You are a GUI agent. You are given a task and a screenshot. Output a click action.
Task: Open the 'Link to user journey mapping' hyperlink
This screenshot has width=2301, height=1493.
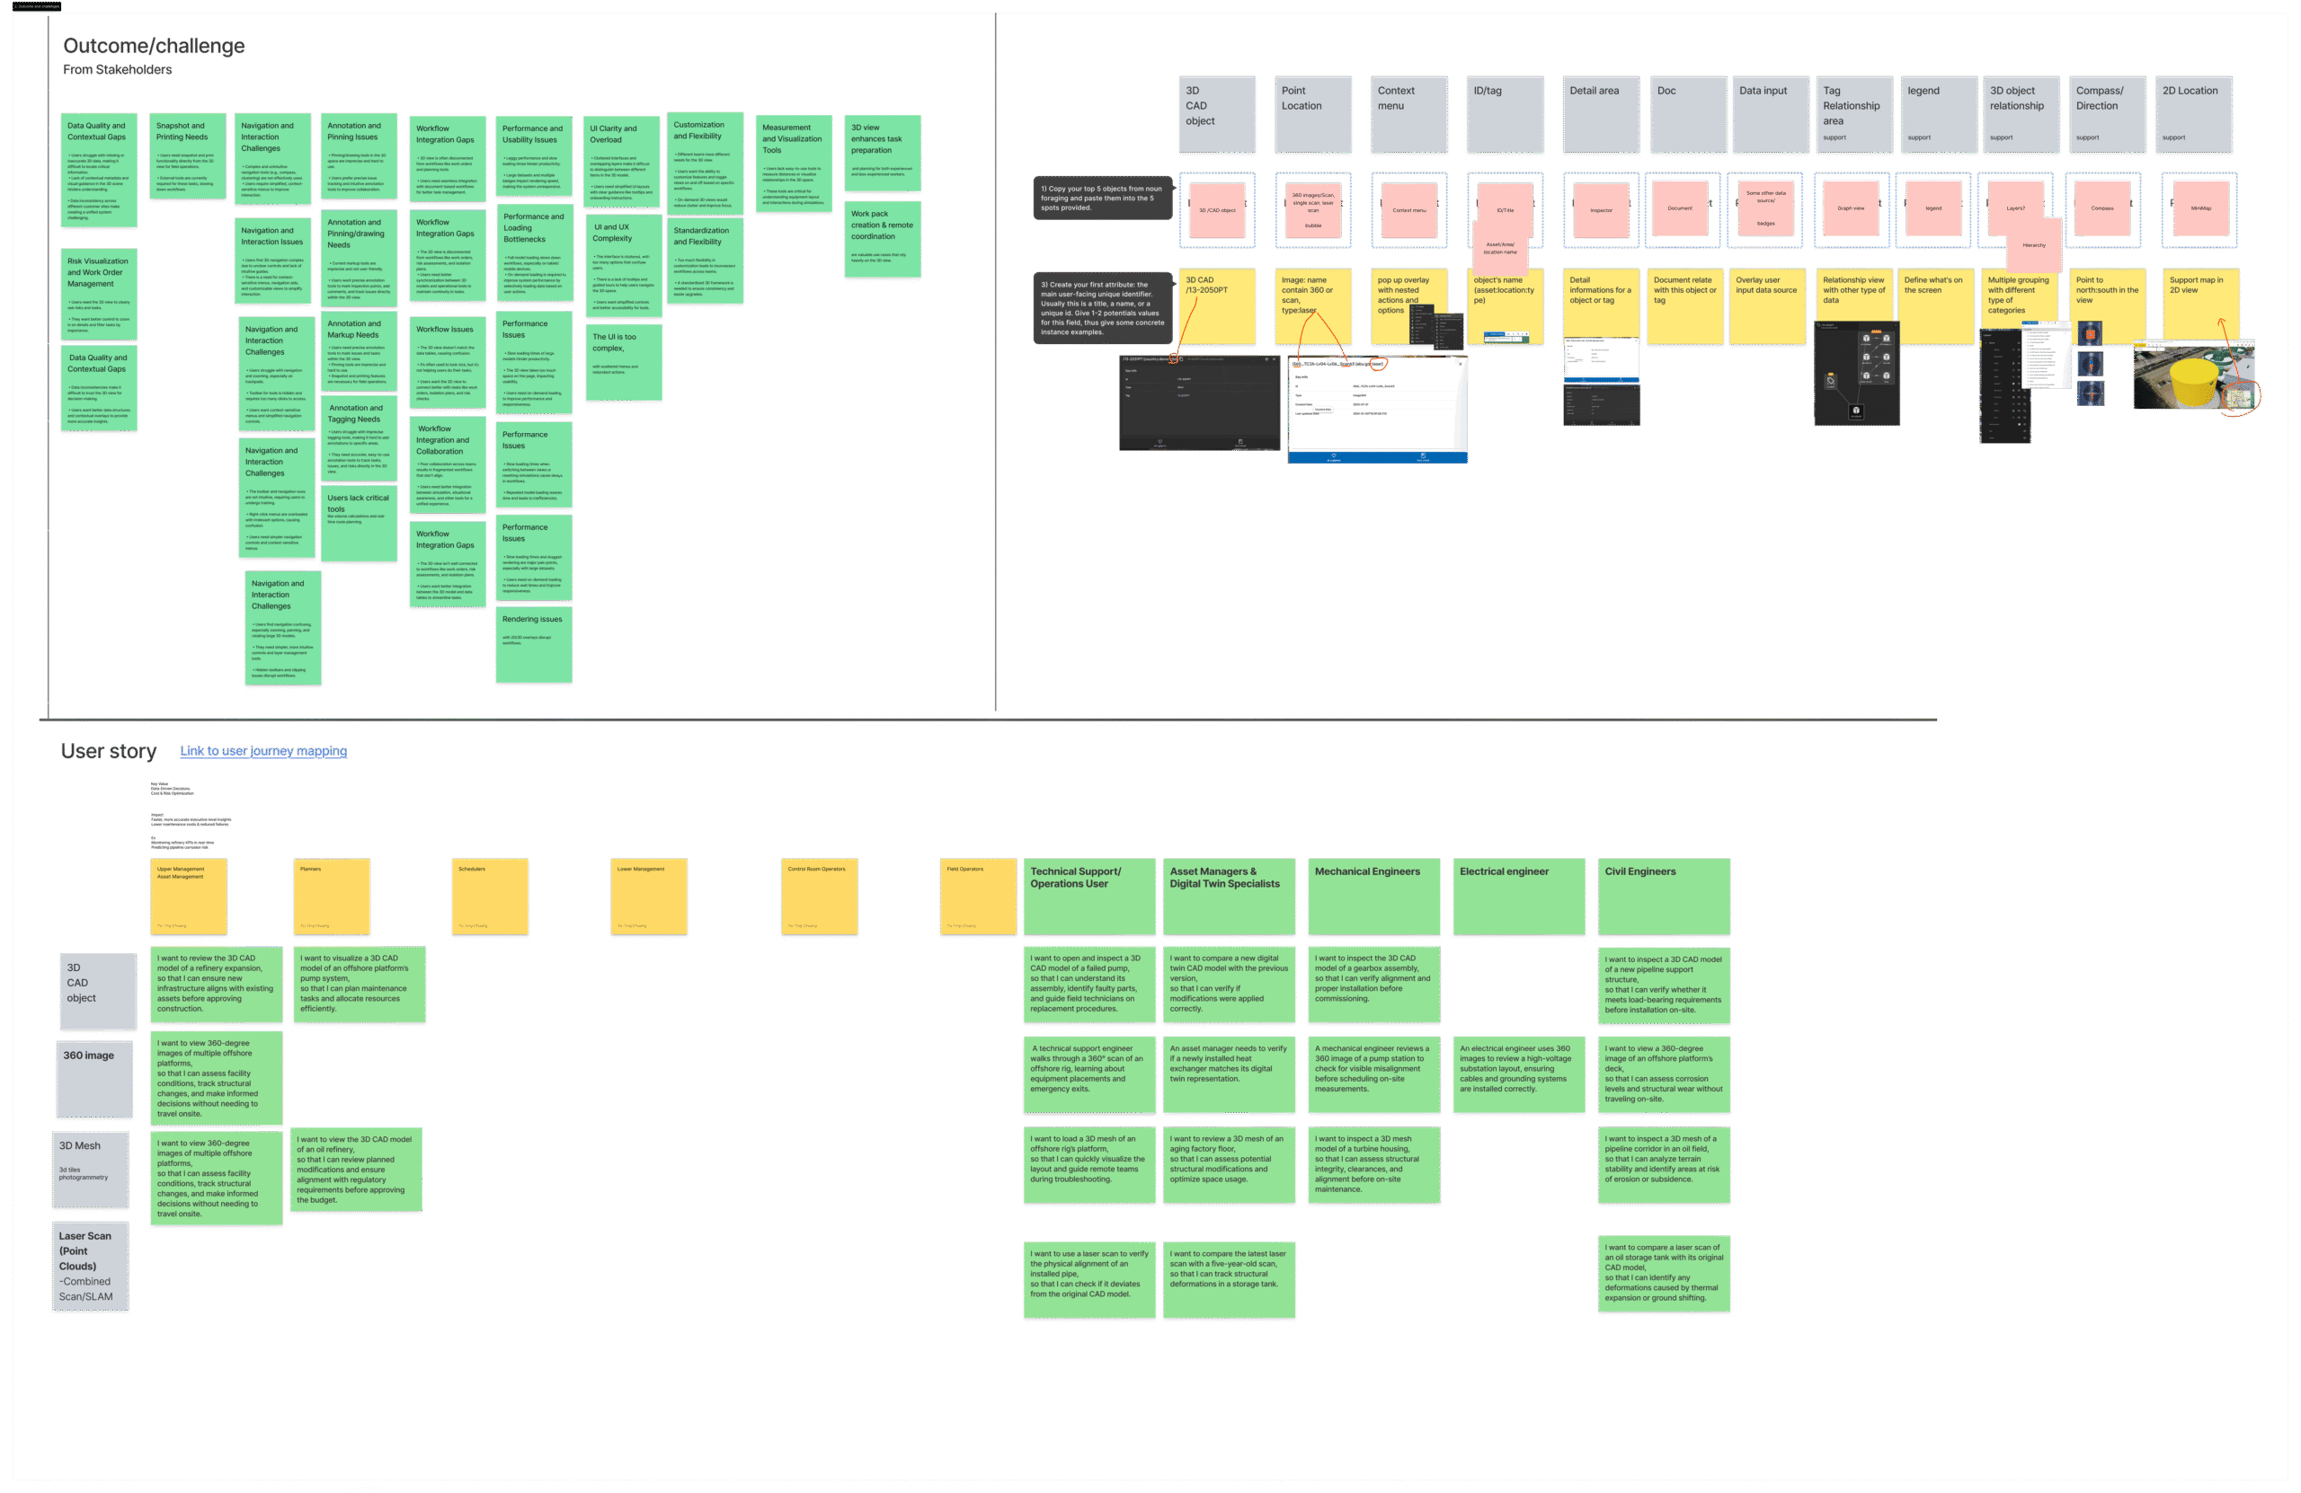(x=263, y=751)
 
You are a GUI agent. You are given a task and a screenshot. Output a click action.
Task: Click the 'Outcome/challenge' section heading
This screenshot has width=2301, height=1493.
(x=154, y=47)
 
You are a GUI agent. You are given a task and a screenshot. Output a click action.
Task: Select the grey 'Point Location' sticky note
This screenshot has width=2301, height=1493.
(x=1312, y=114)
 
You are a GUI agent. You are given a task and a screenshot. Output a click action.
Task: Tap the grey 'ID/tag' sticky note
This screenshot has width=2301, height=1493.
(x=1505, y=114)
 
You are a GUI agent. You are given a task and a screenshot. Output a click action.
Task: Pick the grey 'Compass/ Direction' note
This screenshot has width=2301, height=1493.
(x=2107, y=114)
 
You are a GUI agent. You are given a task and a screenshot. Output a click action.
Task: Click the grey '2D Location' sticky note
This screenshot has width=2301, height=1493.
(x=2193, y=114)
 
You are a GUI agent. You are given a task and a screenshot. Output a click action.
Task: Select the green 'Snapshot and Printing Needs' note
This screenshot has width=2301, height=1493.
(x=188, y=155)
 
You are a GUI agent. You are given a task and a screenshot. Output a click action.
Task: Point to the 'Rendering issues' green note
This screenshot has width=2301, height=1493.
(x=534, y=643)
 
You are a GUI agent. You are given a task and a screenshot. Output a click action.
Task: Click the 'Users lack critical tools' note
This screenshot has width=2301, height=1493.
(x=359, y=523)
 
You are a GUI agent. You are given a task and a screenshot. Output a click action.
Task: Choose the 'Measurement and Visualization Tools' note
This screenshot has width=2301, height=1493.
(x=793, y=163)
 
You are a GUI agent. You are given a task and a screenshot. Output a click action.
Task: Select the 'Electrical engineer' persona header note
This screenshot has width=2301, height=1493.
(x=1518, y=896)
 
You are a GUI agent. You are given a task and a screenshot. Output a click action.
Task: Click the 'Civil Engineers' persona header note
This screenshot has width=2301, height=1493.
(x=1663, y=896)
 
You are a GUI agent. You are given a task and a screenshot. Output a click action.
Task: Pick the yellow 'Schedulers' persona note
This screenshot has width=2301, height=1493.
(x=490, y=896)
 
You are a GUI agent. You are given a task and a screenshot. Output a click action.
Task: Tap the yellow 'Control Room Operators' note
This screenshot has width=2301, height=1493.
(x=819, y=896)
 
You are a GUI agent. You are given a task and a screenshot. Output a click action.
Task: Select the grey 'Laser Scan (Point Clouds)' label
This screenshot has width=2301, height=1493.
(x=90, y=1265)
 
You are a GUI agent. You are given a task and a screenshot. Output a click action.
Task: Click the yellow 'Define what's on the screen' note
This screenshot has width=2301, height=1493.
(x=1934, y=305)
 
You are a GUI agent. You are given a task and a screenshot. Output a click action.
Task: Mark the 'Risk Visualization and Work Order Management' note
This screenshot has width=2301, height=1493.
(x=99, y=294)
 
